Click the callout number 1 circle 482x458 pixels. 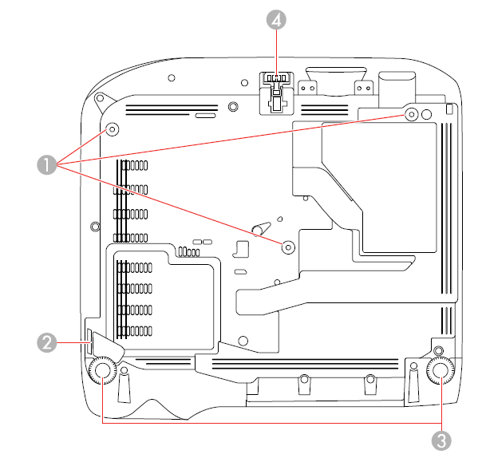point(45,165)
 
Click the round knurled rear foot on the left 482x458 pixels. point(102,371)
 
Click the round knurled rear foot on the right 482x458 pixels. point(440,371)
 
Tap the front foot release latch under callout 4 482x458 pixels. point(275,90)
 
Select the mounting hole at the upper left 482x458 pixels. point(112,129)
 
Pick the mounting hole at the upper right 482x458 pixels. point(411,115)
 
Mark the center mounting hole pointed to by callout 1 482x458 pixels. point(288,247)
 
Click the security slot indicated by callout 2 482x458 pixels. point(90,343)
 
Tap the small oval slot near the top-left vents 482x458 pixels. point(205,116)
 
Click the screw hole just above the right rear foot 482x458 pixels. point(437,349)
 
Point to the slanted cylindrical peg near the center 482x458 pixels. point(257,227)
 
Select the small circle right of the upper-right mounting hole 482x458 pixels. point(425,115)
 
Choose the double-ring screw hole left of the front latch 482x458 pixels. point(232,105)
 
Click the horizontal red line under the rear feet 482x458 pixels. point(271,425)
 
